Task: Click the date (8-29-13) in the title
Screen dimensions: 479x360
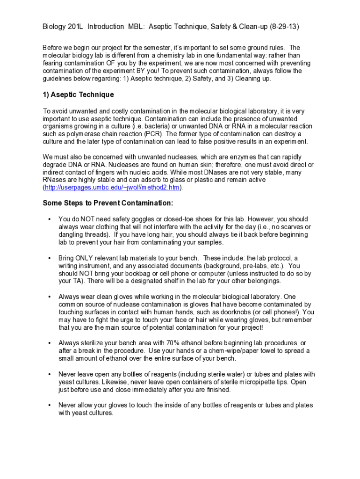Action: click(283, 27)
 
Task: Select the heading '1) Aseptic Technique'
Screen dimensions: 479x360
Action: click(78, 94)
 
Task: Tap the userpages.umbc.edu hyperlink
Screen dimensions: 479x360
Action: click(112, 188)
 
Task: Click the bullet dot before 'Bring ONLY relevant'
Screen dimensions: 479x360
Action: click(49, 258)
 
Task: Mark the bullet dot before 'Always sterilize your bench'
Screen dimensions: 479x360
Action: click(49, 343)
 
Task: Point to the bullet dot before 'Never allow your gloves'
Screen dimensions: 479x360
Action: click(49, 405)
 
